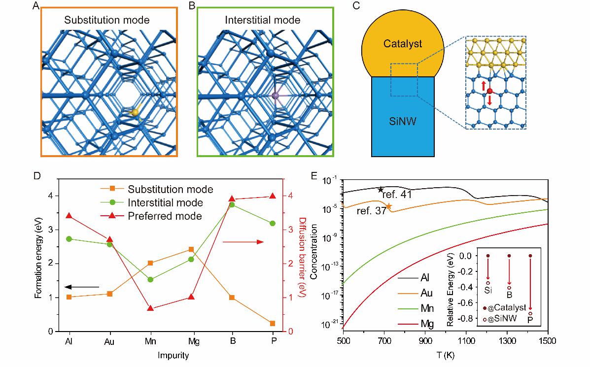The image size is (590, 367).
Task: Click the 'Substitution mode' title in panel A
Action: pyautogui.click(x=106, y=20)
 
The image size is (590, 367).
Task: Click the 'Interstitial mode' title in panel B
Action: pyautogui.click(x=262, y=20)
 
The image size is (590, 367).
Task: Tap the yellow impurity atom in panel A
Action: pyautogui.click(x=134, y=113)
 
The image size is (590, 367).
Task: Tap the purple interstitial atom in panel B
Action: pyautogui.click(x=275, y=95)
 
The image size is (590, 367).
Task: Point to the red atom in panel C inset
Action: pyautogui.click(x=489, y=91)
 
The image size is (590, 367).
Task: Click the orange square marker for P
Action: pyautogui.click(x=273, y=323)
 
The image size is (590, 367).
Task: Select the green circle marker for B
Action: pyautogui.click(x=232, y=204)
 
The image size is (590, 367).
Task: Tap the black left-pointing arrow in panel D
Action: pyautogui.click(x=81, y=287)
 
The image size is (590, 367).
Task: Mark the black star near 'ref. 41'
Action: pyautogui.click(x=381, y=190)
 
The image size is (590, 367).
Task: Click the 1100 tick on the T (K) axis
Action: pyautogui.click(x=466, y=341)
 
